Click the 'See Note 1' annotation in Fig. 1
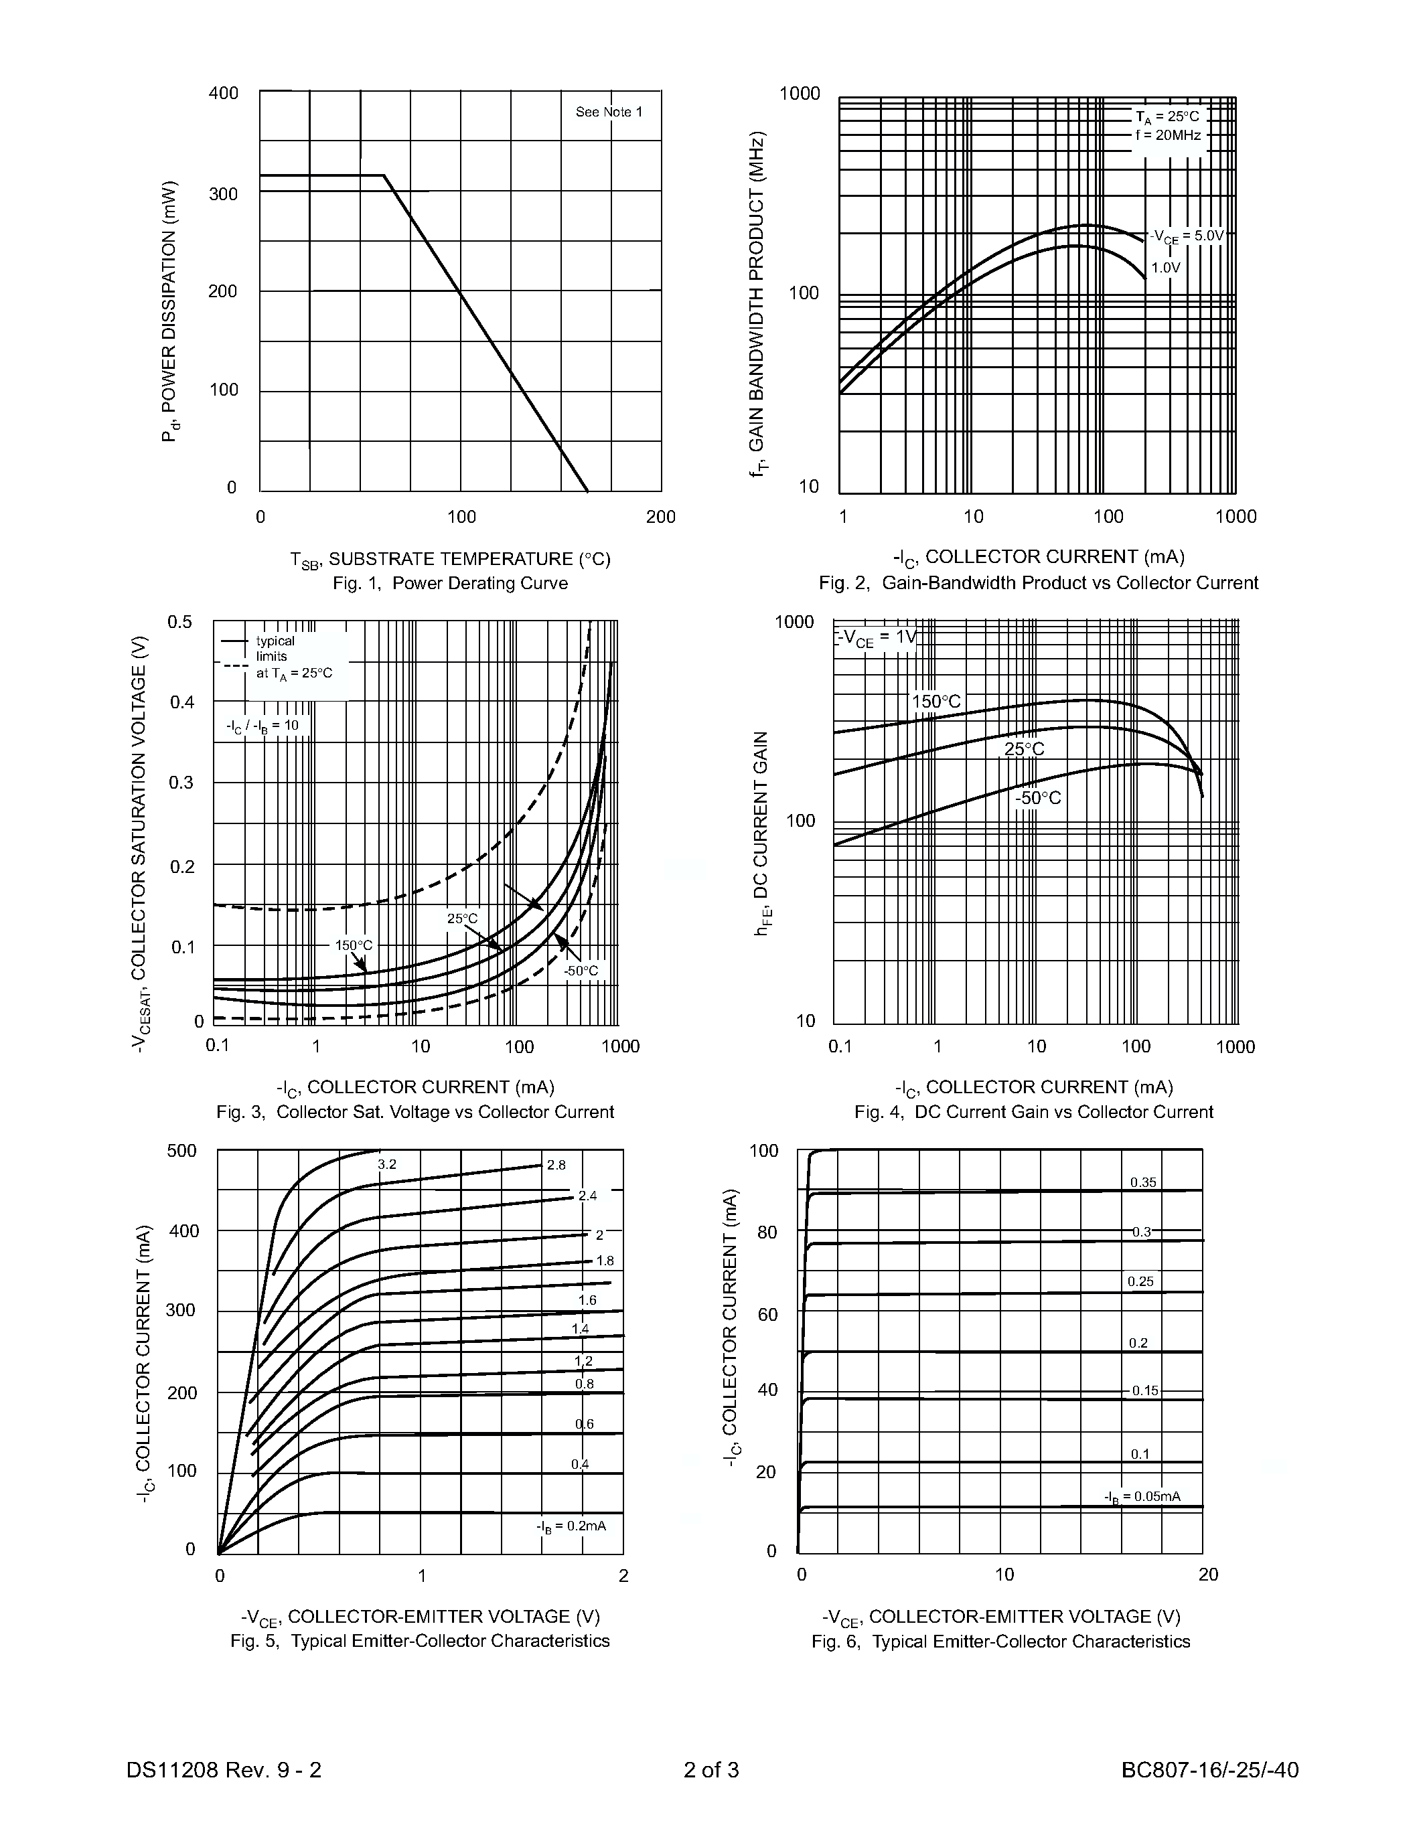[x=609, y=112]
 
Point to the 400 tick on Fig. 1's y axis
[x=224, y=93]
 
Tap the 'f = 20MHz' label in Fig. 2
[x=1168, y=135]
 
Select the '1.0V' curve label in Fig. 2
[x=1166, y=268]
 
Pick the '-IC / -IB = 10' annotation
[x=263, y=726]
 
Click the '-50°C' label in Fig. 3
[x=581, y=971]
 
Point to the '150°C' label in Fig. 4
[x=935, y=702]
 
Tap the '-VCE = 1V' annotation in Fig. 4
[x=877, y=638]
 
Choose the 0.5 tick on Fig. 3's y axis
[x=179, y=622]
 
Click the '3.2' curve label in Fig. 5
[x=387, y=1164]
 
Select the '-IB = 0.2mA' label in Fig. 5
[x=572, y=1526]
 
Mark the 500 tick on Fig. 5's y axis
[x=181, y=1151]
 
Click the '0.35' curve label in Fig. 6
[x=1143, y=1183]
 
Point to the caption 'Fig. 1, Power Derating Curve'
[x=450, y=583]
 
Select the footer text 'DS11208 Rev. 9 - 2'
[x=224, y=1769]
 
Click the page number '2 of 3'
[x=710, y=1769]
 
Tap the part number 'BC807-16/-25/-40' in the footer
[x=1210, y=1769]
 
